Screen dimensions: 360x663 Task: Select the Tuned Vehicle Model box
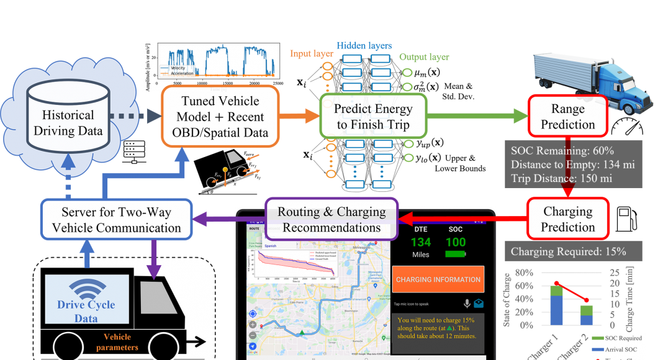tap(220, 117)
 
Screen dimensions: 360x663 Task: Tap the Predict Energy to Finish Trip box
tap(373, 117)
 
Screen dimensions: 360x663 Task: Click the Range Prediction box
tap(567, 117)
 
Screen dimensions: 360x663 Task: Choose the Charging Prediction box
tap(567, 218)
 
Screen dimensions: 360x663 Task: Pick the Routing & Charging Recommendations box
tap(331, 218)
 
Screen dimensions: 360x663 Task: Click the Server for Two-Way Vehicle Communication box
tap(116, 220)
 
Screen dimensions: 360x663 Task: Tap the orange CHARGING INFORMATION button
tap(438, 279)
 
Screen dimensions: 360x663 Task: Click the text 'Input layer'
tap(312, 54)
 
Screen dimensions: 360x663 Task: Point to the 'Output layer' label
tap(424, 56)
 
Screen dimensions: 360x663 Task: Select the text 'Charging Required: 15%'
tap(568, 251)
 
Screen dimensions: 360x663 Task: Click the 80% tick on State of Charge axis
tap(525, 272)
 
